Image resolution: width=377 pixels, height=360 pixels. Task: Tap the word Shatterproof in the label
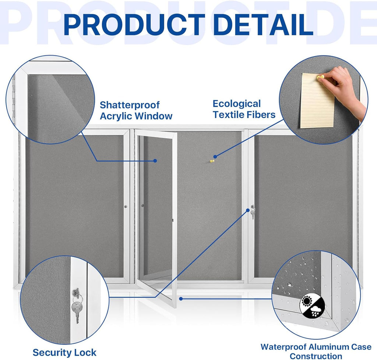pos(130,105)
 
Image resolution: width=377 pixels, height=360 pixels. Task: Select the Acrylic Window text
pos(136,116)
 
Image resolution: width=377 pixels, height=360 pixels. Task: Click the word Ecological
pos(236,104)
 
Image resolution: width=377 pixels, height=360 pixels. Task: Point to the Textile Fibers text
pos(244,115)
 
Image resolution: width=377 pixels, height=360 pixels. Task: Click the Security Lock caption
pos(64,352)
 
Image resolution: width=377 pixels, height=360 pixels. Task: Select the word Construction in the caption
pos(316,356)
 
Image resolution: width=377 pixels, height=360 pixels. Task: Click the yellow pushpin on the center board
pos(212,161)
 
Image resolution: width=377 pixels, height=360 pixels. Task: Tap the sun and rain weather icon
pos(312,306)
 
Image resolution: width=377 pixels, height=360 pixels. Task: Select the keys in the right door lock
pos(253,212)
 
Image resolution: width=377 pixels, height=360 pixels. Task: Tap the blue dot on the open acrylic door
pos(155,161)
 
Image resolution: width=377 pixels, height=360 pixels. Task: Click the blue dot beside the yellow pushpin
pos(215,157)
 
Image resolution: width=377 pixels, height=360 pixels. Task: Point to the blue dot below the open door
pos(181,299)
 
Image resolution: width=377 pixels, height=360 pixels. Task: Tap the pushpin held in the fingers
pos(321,78)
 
